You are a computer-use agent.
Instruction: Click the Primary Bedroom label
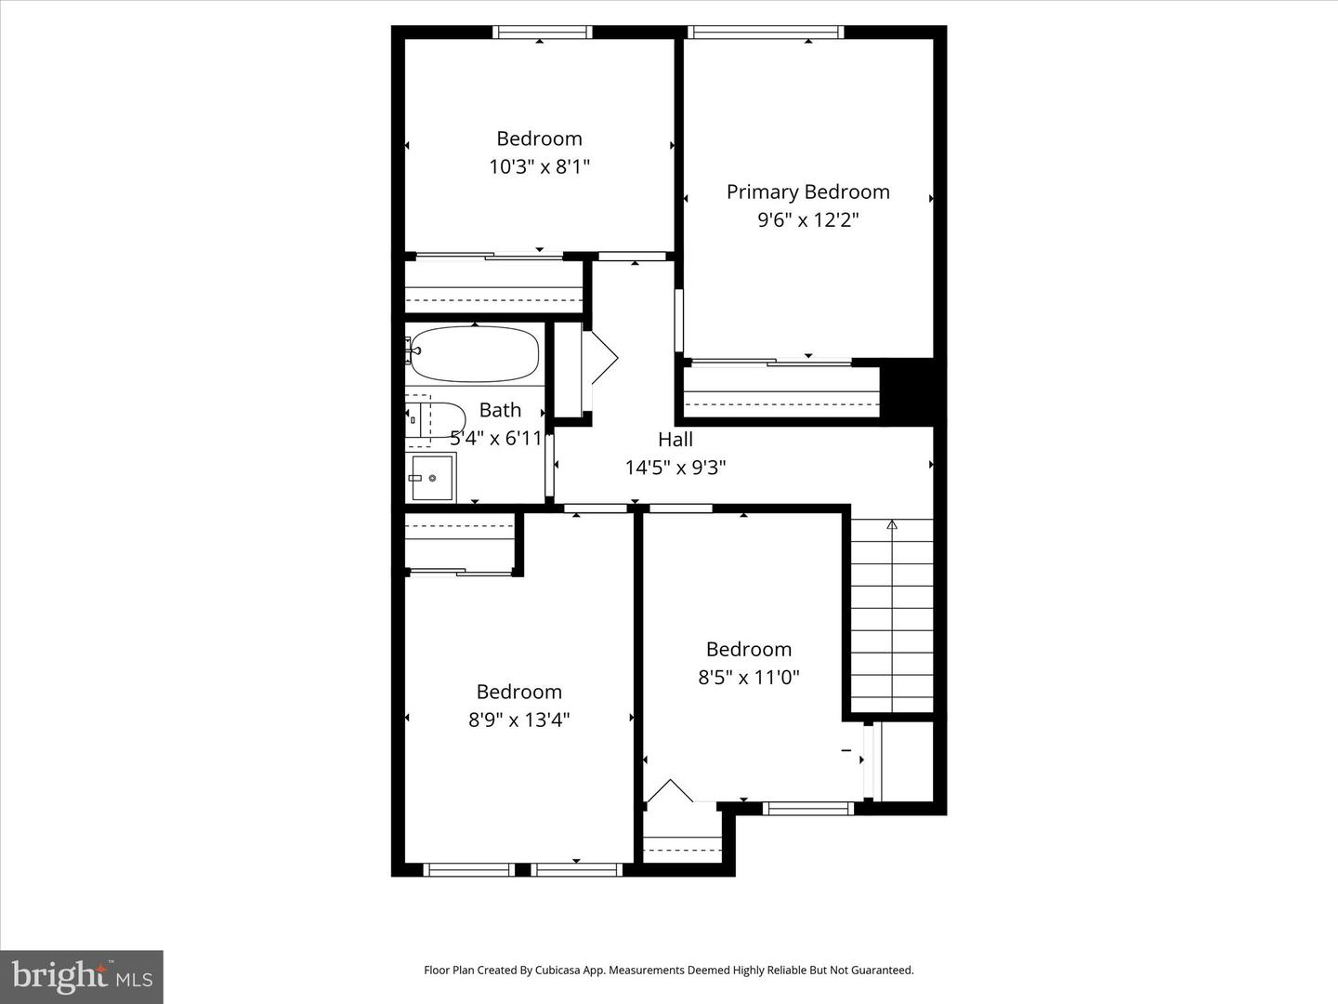point(807,192)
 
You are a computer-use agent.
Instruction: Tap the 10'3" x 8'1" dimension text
point(540,167)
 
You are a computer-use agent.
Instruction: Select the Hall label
point(676,439)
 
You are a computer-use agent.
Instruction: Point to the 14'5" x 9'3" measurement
point(676,468)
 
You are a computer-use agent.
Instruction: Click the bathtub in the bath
point(475,354)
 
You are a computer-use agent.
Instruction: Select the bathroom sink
point(432,478)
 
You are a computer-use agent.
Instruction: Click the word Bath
point(500,410)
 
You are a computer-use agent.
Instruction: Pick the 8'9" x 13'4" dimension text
point(518,720)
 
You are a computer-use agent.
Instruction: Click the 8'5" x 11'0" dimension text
point(749,678)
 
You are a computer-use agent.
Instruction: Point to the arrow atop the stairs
point(892,525)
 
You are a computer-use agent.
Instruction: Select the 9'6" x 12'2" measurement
point(807,220)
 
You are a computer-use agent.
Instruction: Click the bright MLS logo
point(82,977)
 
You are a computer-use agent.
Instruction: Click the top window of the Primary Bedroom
point(766,33)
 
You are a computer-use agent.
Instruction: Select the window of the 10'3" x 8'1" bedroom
point(542,33)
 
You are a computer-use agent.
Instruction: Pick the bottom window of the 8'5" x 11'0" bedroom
point(807,809)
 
